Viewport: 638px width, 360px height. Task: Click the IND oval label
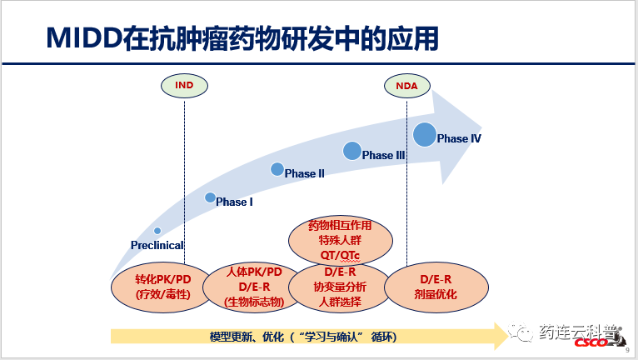pyautogui.click(x=183, y=85)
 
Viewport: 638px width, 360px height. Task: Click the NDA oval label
pyautogui.click(x=406, y=85)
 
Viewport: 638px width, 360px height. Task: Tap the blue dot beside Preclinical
pyautogui.click(x=157, y=231)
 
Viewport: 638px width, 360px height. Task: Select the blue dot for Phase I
pyautogui.click(x=210, y=197)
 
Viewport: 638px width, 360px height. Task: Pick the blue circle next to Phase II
pyautogui.click(x=277, y=169)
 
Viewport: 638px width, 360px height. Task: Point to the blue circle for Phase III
pyautogui.click(x=352, y=151)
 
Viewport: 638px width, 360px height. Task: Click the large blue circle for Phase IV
pyautogui.click(x=425, y=134)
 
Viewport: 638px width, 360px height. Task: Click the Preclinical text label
pyautogui.click(x=157, y=245)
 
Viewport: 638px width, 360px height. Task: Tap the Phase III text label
pyautogui.click(x=384, y=156)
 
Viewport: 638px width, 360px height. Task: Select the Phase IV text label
pyautogui.click(x=460, y=138)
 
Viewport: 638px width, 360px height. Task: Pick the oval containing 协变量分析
pyautogui.click(x=341, y=287)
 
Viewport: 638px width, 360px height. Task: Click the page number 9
pyautogui.click(x=626, y=352)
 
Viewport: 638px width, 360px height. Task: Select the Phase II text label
pyautogui.click(x=305, y=174)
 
